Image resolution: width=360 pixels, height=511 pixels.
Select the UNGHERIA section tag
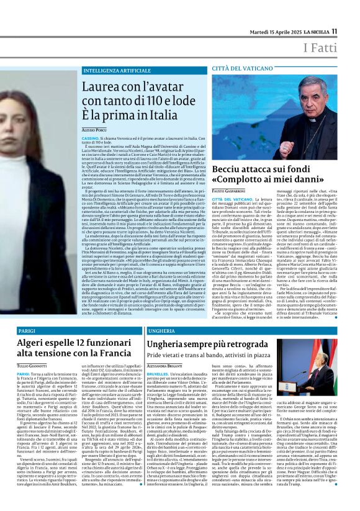pos(163,332)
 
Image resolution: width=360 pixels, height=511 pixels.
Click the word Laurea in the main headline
pos(102,88)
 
